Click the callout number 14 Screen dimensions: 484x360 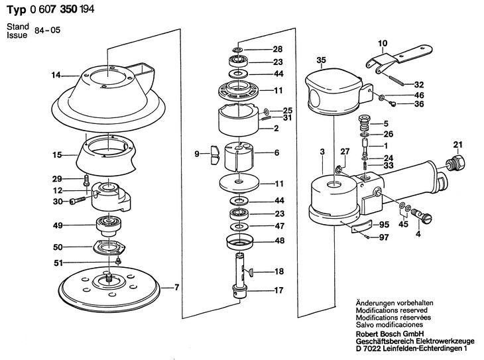click(56, 75)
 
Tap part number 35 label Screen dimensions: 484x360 click(321, 60)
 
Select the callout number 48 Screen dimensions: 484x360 click(279, 241)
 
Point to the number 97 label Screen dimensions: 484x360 click(384, 237)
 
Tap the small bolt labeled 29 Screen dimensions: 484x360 click(86, 180)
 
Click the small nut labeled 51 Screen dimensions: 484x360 click(117, 261)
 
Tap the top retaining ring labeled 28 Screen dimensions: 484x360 click(237, 50)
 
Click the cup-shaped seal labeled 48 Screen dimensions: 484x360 click(239, 242)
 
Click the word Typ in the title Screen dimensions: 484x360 click(17, 11)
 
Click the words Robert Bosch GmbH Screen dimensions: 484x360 click(390, 333)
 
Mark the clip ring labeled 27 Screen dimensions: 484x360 click(339, 169)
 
